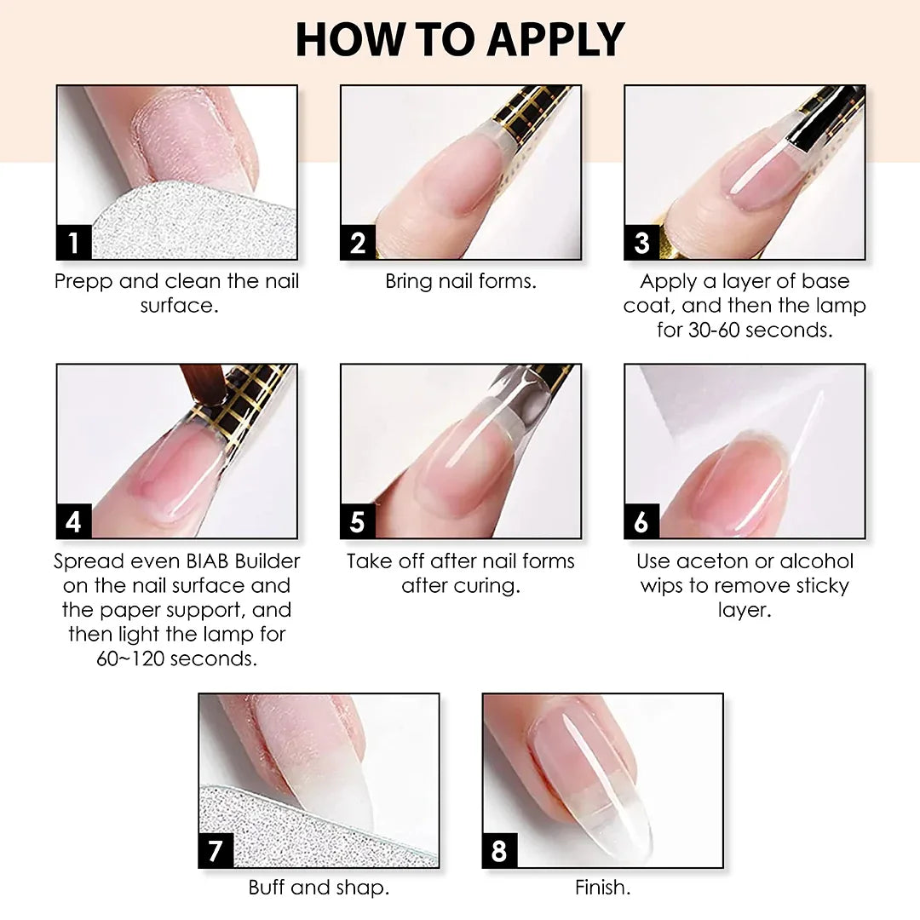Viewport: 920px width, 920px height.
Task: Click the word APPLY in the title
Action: pos(556,40)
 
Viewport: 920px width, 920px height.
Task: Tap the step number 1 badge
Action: pos(74,242)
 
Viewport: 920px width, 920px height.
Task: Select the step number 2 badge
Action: pos(358,242)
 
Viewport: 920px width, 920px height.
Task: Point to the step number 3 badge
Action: pos(642,242)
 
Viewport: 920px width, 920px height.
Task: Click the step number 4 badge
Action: pos(74,521)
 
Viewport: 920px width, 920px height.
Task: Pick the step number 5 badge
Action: pos(358,521)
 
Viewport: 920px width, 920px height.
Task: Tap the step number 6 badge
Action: pos(642,521)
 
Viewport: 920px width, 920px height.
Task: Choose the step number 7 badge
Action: pos(216,850)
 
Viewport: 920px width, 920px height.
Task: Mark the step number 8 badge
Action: pos(500,850)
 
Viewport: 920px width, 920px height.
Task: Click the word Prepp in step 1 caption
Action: pos(83,282)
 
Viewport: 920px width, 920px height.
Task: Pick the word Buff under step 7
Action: pos(267,887)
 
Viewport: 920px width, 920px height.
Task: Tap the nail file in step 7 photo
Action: pos(305,825)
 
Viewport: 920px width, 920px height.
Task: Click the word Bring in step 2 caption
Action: pos(409,282)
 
